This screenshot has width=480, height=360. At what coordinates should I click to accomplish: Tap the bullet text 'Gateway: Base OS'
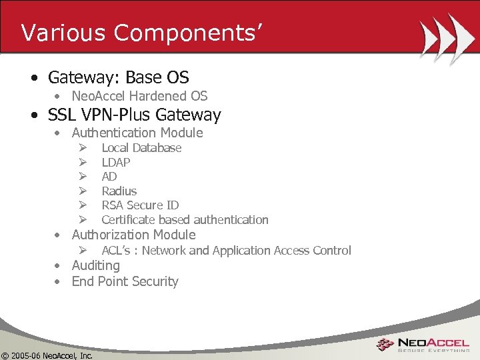pyautogui.click(x=118, y=77)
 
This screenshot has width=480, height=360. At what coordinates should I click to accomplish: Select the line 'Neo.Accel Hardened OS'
pyautogui.click(x=139, y=96)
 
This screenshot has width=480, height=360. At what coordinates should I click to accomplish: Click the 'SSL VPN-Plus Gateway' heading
pyautogui.click(x=134, y=115)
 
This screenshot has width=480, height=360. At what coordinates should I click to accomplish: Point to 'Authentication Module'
pyautogui.click(x=137, y=133)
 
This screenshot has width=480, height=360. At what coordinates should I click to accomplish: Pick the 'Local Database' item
pyautogui.click(x=141, y=148)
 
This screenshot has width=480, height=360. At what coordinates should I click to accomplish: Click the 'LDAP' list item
pyautogui.click(x=116, y=162)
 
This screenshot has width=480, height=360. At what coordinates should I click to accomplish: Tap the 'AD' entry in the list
pyautogui.click(x=109, y=177)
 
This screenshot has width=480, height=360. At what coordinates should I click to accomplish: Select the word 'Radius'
pyautogui.click(x=119, y=191)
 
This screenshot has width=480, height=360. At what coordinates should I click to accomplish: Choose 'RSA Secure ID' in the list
pyautogui.click(x=140, y=205)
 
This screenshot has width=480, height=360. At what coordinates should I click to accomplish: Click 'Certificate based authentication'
pyautogui.click(x=185, y=220)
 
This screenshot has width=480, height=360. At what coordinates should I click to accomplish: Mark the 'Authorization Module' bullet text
pyautogui.click(x=133, y=235)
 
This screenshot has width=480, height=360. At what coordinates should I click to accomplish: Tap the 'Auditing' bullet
pyautogui.click(x=96, y=265)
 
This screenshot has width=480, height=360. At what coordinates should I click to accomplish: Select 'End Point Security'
pyautogui.click(x=125, y=281)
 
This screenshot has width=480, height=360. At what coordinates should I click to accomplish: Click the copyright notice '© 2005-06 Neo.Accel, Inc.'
pyautogui.click(x=47, y=355)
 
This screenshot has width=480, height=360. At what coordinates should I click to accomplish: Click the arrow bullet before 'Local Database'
pyautogui.click(x=83, y=148)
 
